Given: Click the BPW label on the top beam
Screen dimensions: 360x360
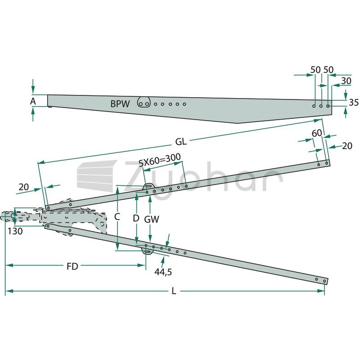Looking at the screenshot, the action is click(x=120, y=104).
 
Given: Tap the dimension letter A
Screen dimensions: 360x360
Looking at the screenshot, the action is click(x=33, y=101).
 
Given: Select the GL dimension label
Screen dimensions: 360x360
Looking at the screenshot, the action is click(x=181, y=142).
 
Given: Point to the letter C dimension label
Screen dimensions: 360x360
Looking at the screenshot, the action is click(x=117, y=217).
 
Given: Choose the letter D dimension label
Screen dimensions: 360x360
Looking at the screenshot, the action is click(x=136, y=218).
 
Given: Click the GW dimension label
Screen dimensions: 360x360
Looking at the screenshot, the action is click(x=152, y=219).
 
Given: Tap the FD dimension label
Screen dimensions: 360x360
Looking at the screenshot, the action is click(x=72, y=266).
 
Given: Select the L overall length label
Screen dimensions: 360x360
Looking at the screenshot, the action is click(x=174, y=291).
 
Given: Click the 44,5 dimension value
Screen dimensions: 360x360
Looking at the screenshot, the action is click(x=163, y=272).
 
